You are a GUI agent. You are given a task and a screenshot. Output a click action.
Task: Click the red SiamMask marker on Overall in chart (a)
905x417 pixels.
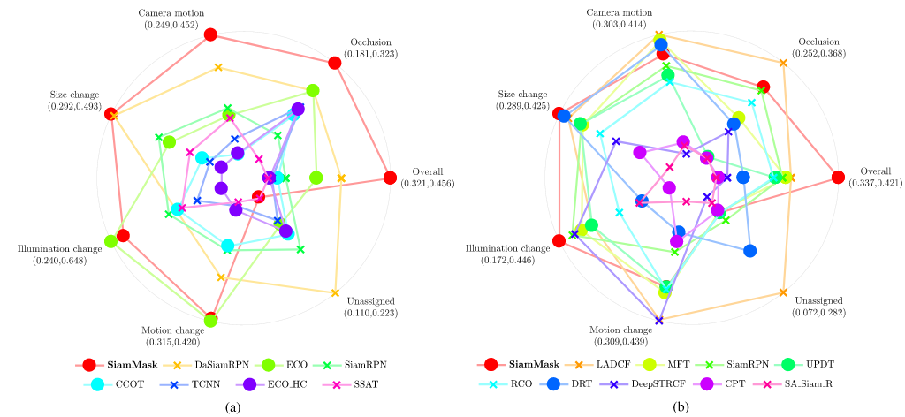[x=390, y=178]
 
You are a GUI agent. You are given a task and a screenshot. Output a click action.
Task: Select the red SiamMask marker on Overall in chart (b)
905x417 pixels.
[x=838, y=178]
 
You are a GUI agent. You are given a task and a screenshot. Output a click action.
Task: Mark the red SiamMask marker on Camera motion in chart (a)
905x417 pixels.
[x=210, y=34]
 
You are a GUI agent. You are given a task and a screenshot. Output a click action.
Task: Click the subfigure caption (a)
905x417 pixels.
[x=232, y=406]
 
